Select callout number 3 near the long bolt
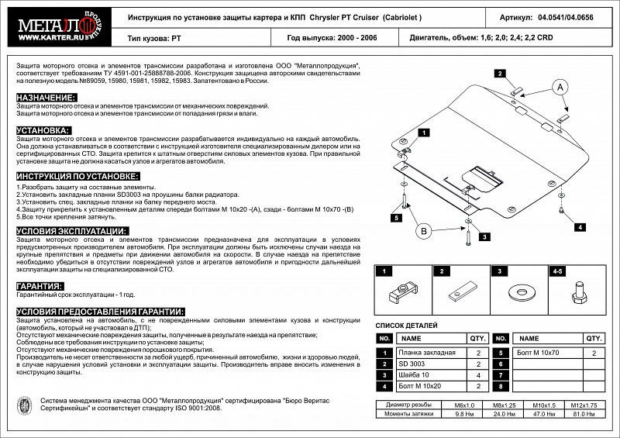[x=483, y=236]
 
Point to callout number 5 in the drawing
[x=396, y=219]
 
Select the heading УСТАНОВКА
[x=43, y=130]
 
